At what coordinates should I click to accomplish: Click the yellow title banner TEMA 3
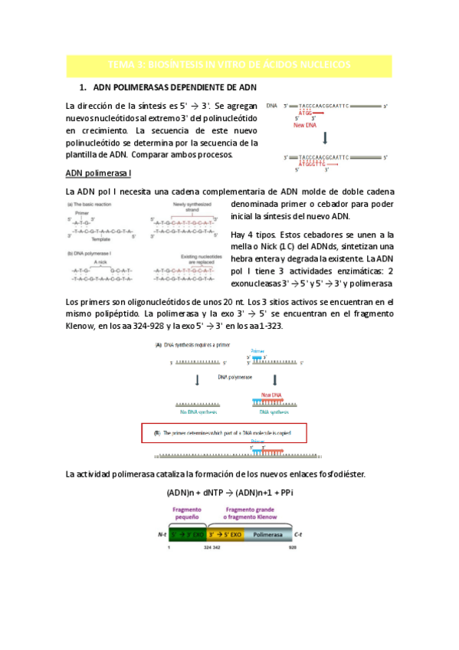pyautogui.click(x=230, y=66)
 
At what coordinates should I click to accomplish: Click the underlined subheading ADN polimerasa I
pyautogui.click(x=99, y=173)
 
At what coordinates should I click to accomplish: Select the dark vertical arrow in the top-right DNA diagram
pyautogui.click(x=325, y=139)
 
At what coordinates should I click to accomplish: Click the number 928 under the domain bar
pyautogui.click(x=292, y=547)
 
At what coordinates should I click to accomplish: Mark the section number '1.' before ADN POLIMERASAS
pyautogui.click(x=84, y=88)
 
